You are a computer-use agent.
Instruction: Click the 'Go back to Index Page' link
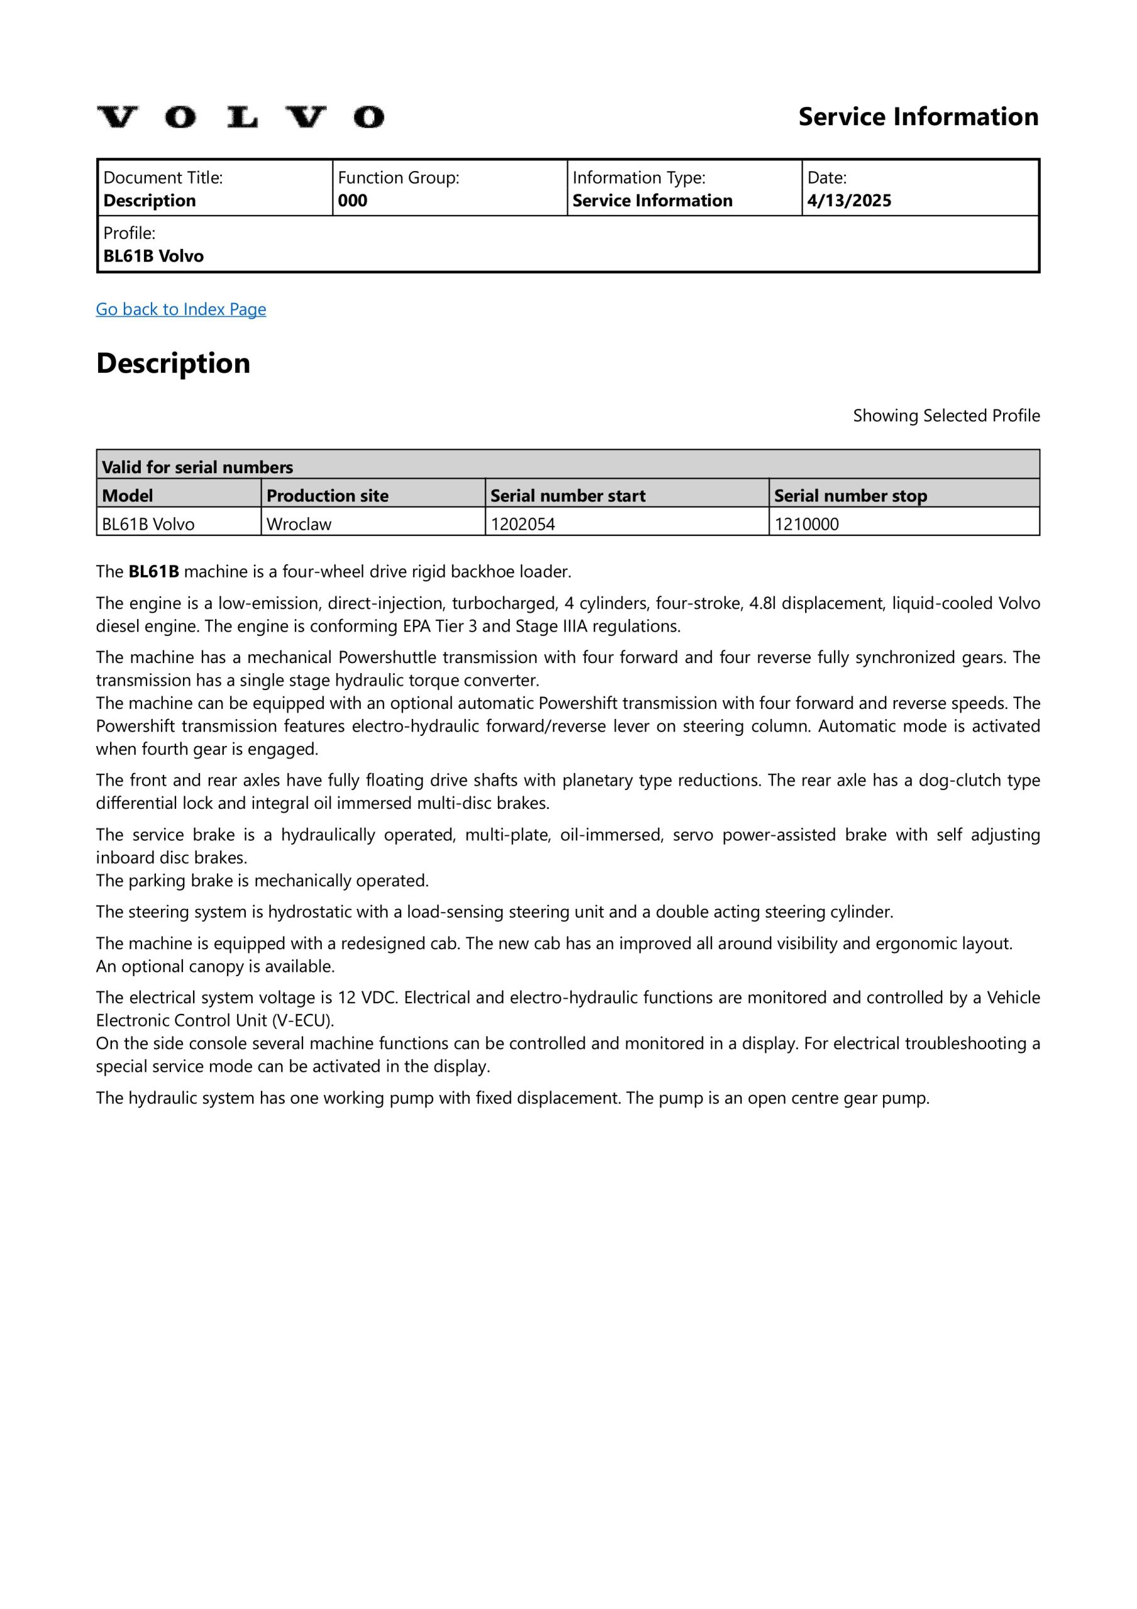coord(181,309)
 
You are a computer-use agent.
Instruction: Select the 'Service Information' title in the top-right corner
coord(918,116)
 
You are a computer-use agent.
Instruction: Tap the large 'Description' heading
coord(173,363)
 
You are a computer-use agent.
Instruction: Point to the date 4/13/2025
coord(849,200)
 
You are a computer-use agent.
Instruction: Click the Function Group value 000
coord(353,200)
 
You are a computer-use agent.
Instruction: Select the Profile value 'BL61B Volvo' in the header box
coord(153,256)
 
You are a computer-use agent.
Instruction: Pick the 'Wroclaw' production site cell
coord(299,524)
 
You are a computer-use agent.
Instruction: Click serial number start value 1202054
coord(523,524)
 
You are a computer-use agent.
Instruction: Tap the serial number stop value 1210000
coord(806,524)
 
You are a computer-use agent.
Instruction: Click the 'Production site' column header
coord(327,495)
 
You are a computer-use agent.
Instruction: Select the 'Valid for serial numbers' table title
coord(198,467)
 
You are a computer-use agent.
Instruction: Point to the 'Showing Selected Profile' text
coord(946,415)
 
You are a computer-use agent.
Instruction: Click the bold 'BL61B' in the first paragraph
coord(153,571)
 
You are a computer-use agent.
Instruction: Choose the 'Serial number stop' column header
coord(850,495)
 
